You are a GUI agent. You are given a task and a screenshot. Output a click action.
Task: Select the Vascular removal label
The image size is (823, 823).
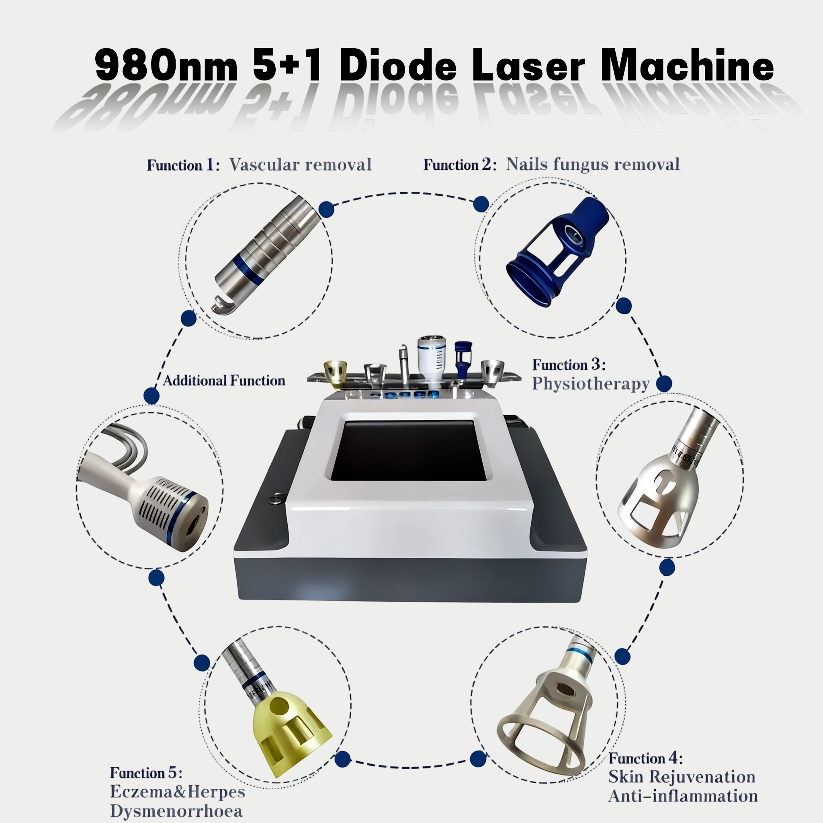click(300, 164)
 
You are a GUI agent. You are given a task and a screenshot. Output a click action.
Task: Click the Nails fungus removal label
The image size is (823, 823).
click(593, 164)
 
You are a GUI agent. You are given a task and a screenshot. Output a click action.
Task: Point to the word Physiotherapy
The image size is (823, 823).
click(590, 384)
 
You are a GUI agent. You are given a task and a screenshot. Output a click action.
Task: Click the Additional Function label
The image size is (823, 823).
click(224, 381)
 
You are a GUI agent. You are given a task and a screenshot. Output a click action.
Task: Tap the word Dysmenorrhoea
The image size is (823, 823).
click(176, 811)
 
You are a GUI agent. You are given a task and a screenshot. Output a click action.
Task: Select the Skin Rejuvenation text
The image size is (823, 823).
click(682, 776)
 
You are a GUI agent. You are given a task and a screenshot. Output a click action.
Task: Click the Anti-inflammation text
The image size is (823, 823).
click(683, 796)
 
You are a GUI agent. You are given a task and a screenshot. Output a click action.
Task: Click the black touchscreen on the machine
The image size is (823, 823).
click(409, 450)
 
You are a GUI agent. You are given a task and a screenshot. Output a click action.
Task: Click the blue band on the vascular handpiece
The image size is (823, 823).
click(249, 269)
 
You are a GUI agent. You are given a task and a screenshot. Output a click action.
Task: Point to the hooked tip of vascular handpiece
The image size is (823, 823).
click(222, 305)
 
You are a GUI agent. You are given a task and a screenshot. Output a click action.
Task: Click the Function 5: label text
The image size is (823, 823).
click(146, 773)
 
